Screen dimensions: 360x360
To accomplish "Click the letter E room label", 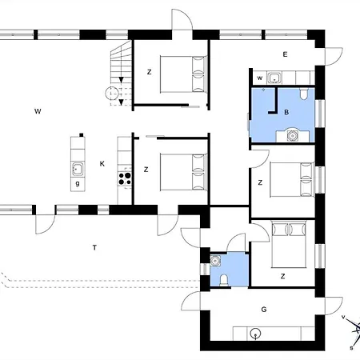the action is coord(285,54).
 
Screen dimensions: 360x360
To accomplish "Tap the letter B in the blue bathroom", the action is coord(286,112).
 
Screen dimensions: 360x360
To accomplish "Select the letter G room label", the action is coord(264,310).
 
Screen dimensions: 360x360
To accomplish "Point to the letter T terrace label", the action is coord(94,248).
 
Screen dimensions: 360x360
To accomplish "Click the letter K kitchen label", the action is coord(102,164).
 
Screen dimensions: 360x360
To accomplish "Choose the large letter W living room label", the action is coord(38,111).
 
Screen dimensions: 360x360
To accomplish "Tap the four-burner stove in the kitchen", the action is coord(125,178).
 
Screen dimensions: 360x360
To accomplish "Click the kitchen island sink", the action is coord(78,169).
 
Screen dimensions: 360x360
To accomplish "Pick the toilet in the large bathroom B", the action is coord(303,94).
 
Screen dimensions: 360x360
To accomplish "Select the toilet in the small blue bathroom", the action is coord(224,280).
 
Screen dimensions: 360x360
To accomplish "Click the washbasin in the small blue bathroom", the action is coord(215,261).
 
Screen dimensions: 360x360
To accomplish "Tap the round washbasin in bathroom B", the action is coord(293,135).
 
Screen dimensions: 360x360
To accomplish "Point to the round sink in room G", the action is coord(256,334).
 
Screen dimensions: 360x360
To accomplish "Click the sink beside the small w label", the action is coord(274,78).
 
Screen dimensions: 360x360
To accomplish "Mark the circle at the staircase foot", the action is coord(112,94).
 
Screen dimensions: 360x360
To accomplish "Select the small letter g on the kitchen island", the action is coord(78,184).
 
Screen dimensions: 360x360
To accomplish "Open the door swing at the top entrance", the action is coord(182,20).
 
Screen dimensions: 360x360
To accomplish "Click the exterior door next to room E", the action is coord(334,56).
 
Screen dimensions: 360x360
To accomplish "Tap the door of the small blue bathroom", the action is coord(236,242).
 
